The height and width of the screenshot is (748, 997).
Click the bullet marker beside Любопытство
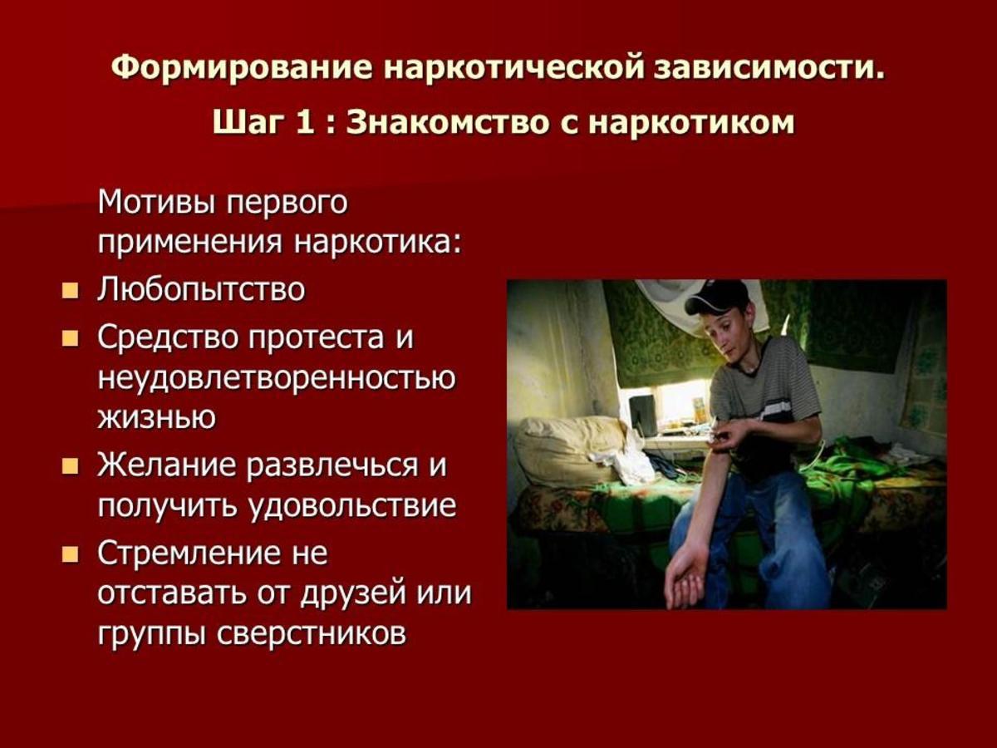[70, 290]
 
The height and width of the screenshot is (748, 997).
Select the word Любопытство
[201, 290]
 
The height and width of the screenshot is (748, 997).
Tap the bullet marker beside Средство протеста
[70, 338]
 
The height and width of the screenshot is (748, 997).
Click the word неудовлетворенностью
[276, 378]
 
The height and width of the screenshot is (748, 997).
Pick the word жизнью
[157, 416]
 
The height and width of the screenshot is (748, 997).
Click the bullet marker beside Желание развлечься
[70, 465]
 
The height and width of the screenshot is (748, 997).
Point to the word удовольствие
[352, 505]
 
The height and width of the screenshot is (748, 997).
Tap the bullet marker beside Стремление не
[70, 554]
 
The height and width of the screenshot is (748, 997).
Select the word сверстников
[311, 633]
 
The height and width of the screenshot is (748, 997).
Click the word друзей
[352, 593]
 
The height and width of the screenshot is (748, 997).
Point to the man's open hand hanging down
[685, 580]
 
